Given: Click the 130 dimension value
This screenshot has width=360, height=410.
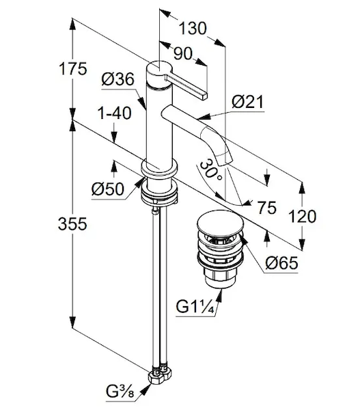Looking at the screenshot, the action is (x=193, y=28).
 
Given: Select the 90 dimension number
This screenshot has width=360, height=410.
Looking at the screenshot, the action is (x=183, y=53).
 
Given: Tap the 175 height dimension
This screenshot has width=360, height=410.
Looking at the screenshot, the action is (x=73, y=69).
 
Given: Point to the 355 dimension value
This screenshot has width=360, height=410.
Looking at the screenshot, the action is (x=72, y=224).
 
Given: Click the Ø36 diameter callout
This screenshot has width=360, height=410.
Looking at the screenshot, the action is (x=118, y=79).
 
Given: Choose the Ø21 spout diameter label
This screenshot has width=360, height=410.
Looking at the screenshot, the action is (x=247, y=102).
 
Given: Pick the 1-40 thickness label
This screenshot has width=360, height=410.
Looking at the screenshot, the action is (x=115, y=113).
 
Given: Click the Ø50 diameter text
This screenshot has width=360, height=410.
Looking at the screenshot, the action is (x=108, y=189).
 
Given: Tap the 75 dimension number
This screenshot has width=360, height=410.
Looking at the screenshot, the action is (x=266, y=208).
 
